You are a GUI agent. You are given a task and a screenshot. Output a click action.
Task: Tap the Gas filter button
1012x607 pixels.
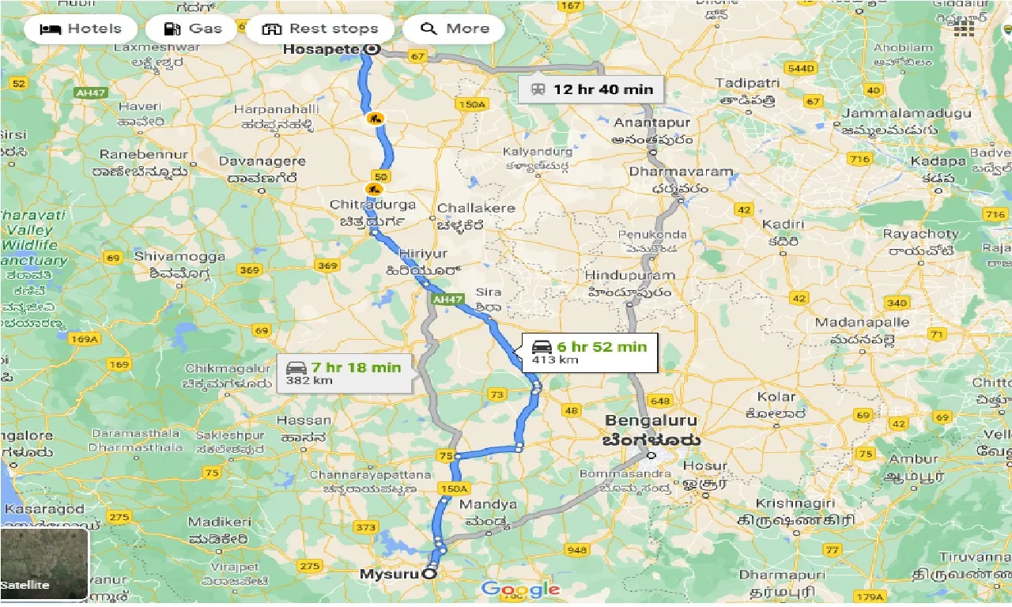193,29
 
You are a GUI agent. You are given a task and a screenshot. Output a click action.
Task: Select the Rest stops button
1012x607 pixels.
319,29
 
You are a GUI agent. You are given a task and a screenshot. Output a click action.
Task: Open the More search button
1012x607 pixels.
454,29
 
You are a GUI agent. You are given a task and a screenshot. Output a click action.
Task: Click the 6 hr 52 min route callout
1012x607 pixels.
589,352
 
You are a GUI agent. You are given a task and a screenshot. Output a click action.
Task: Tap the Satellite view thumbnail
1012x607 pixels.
44,564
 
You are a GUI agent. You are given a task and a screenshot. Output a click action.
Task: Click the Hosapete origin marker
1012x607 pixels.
372,49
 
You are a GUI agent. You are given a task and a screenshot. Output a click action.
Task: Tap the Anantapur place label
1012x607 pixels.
652,123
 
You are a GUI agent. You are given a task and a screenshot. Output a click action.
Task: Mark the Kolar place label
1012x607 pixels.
776,397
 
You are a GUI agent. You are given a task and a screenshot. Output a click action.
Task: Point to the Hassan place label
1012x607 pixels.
304,420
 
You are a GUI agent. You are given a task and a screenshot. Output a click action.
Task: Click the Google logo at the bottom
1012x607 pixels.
520,589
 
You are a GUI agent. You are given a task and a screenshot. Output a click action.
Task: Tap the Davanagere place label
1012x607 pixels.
262,161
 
